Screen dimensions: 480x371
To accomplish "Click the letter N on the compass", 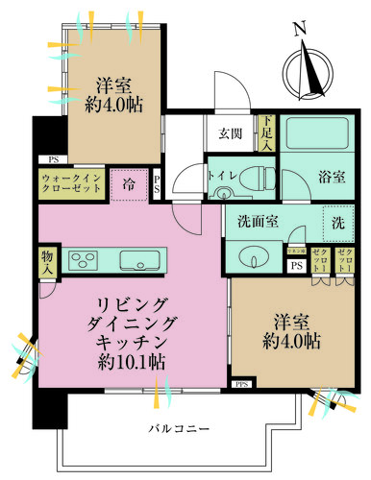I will point(302,30).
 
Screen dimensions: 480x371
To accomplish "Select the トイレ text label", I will point(222,178).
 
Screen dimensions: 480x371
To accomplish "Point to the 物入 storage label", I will point(46,261).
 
